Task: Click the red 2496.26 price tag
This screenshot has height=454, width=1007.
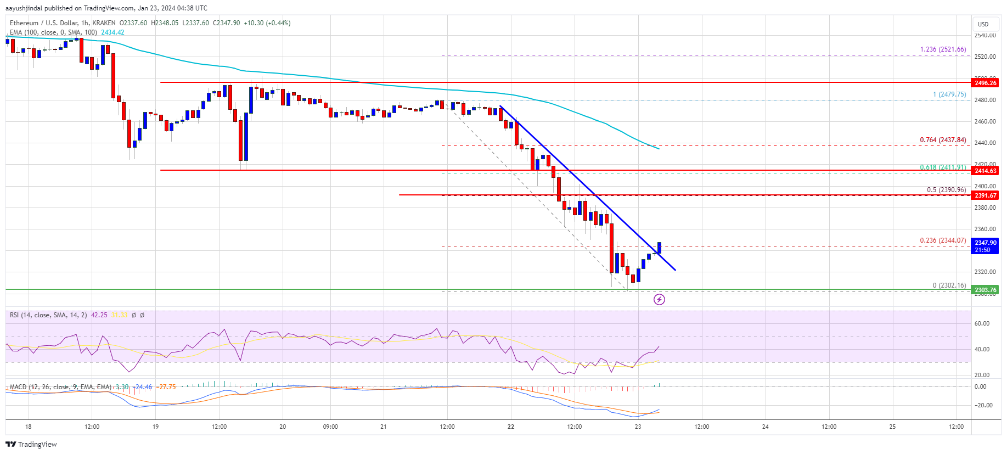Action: click(985, 83)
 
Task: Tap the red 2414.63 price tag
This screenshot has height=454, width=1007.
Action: click(985, 171)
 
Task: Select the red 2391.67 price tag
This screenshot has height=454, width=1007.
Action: click(985, 195)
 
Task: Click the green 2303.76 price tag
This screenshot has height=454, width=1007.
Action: click(985, 290)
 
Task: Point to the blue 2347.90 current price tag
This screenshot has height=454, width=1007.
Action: click(985, 246)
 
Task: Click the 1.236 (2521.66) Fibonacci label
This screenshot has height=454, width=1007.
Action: click(943, 49)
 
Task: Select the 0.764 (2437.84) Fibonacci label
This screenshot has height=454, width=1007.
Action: click(943, 140)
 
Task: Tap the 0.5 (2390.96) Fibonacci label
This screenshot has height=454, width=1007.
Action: click(946, 190)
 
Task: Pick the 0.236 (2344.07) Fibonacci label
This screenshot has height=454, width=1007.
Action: click(943, 240)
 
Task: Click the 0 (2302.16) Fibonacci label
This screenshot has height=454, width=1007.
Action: click(949, 285)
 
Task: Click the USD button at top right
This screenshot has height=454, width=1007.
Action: click(983, 24)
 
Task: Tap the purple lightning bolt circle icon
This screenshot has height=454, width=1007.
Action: click(659, 299)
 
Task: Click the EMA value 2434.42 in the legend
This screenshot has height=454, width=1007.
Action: click(112, 32)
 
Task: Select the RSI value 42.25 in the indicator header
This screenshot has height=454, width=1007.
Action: click(99, 315)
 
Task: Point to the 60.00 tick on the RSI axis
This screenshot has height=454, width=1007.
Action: click(982, 323)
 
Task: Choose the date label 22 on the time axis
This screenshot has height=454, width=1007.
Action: click(511, 427)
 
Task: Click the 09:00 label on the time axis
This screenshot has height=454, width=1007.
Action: click(330, 427)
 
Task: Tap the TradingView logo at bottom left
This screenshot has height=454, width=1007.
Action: click(31, 444)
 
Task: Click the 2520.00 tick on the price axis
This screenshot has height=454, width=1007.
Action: click(985, 57)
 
